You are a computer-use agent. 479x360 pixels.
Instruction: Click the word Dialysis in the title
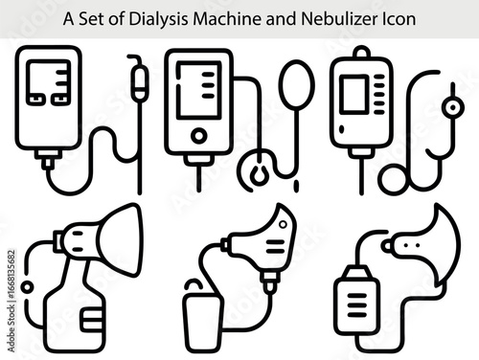coord(158,19)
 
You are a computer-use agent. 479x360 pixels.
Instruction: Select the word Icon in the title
coord(399,19)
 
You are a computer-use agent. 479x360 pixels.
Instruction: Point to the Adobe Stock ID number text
coord(11,275)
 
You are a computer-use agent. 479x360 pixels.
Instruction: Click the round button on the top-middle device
coord(198,136)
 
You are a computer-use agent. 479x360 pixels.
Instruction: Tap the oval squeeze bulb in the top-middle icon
coord(297,84)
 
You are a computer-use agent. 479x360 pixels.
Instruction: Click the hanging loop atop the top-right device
coord(362,52)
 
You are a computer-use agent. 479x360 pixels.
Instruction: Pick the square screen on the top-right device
coord(354,94)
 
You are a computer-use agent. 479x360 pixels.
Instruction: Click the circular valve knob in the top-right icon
coord(452,107)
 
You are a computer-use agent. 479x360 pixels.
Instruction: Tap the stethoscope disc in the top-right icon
coord(394,180)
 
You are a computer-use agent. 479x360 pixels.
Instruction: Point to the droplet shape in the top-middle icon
coord(260,176)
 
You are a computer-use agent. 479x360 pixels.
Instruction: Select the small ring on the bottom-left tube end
coord(28,287)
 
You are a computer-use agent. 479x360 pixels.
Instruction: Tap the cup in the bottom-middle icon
coord(201,323)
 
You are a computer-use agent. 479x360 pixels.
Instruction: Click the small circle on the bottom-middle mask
coord(283,224)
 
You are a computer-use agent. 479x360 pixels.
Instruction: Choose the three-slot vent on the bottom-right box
coord(356,305)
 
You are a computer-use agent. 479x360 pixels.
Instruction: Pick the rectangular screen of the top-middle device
coord(199,90)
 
